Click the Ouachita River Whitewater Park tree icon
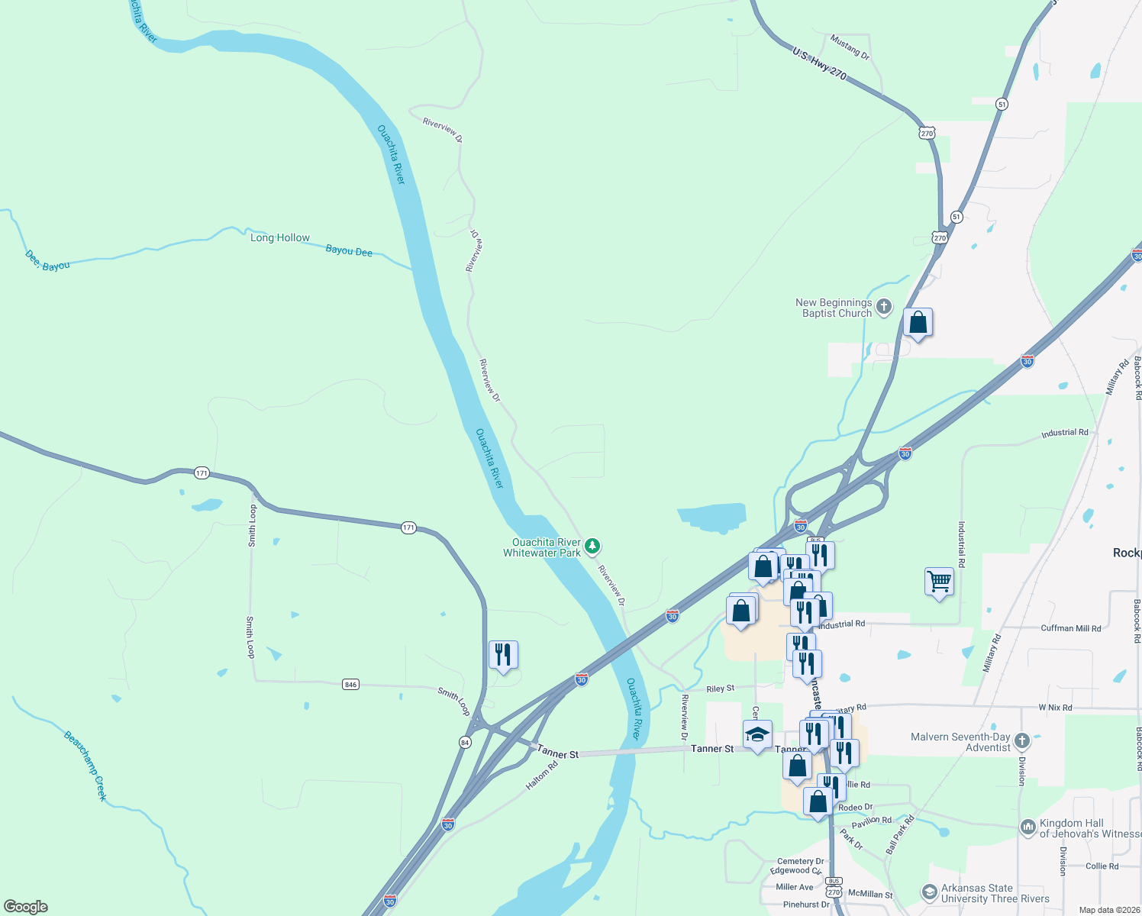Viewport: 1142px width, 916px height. tap(592, 547)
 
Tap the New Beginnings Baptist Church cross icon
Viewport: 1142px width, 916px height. tap(884, 308)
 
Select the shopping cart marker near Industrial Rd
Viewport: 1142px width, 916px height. tap(939, 582)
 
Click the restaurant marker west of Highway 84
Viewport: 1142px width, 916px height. tap(503, 655)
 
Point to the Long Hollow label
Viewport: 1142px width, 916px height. tap(280, 238)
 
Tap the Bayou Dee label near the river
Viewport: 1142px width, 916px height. tap(349, 250)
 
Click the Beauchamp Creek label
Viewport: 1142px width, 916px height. tap(85, 766)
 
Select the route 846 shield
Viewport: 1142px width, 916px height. tap(350, 684)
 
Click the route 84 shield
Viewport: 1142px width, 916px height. tap(465, 742)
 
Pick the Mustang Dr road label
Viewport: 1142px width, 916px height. tap(850, 47)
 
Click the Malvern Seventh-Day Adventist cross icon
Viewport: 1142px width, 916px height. tap(1022, 740)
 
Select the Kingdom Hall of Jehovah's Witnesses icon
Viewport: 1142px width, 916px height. tap(1028, 827)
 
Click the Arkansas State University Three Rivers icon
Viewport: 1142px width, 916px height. tap(929, 892)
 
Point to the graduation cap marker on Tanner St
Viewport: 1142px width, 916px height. tap(757, 735)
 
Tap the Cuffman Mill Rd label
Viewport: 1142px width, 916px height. tap(1071, 628)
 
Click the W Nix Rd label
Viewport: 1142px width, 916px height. tap(1055, 708)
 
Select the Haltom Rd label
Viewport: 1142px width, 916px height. tap(542, 776)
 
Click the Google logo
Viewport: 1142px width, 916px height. tap(26, 907)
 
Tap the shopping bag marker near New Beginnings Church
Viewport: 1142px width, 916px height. tap(918, 323)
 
